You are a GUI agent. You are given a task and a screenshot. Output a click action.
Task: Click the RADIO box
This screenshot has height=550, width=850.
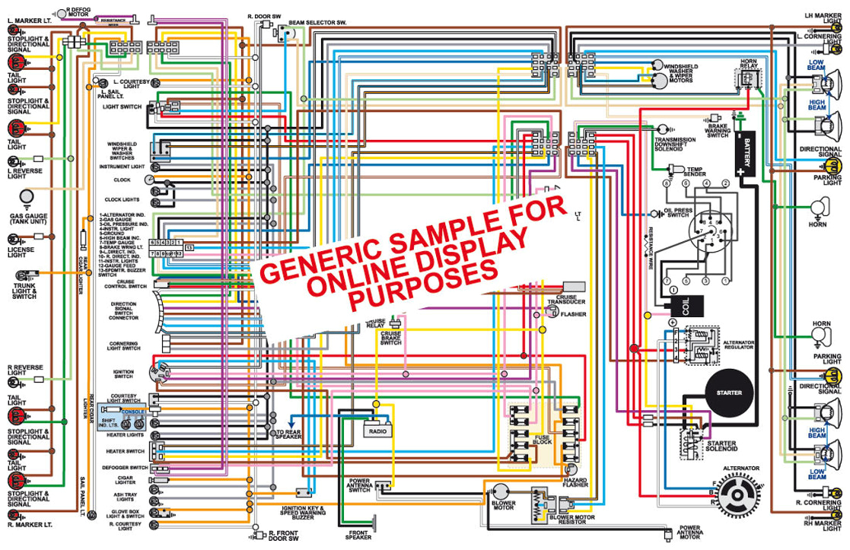(377, 431)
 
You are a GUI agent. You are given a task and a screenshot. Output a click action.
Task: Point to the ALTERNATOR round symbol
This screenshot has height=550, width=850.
(734, 494)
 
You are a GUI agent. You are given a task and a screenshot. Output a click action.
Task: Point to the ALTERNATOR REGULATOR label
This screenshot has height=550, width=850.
(738, 345)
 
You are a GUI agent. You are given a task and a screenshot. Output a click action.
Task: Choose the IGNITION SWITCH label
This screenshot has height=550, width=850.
(124, 374)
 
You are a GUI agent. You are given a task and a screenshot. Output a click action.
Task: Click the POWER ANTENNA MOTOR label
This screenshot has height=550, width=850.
(689, 532)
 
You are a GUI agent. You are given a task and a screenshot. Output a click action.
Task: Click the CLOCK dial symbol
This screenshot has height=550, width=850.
(149, 180)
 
